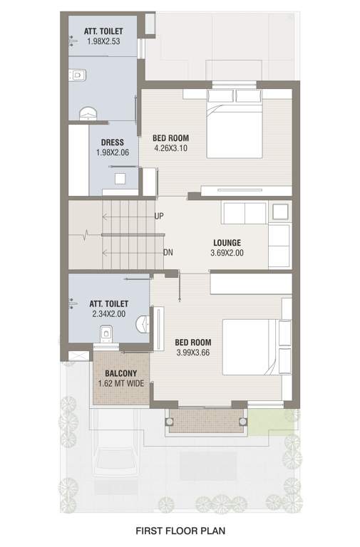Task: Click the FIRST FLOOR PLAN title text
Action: (x=180, y=531)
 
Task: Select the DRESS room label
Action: (x=112, y=142)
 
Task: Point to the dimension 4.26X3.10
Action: (x=171, y=148)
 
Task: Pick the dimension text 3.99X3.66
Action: (x=193, y=353)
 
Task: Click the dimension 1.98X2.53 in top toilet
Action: (x=104, y=42)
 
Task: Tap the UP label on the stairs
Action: (x=159, y=215)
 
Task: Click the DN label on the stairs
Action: (x=168, y=252)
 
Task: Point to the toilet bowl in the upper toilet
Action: (x=78, y=73)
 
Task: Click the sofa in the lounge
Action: (x=245, y=214)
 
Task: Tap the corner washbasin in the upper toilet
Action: (x=87, y=113)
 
